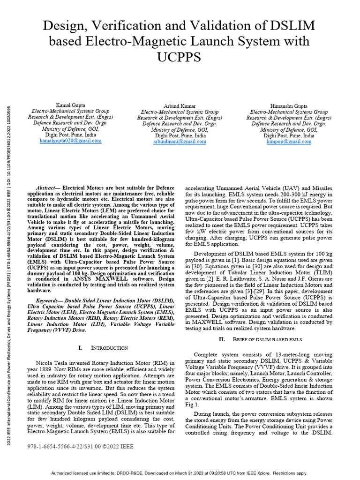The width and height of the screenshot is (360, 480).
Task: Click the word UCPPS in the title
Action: tap(180, 57)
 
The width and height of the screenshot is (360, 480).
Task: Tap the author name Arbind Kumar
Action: tap(180, 106)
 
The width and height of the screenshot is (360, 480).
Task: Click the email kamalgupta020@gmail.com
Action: tap(70, 141)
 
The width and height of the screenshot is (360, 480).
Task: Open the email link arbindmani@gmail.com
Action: tap(180, 141)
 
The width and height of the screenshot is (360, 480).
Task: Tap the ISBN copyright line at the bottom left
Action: tap(81, 447)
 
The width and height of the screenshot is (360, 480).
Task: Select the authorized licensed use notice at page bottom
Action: tap(180, 473)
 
